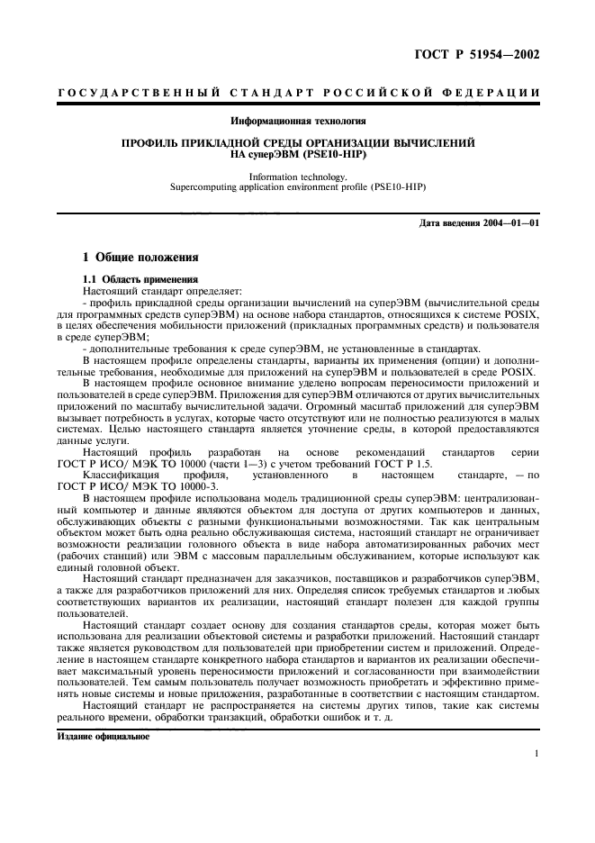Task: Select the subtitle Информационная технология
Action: tap(297, 120)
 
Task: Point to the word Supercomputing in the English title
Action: tap(203, 188)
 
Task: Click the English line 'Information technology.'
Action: tap(297, 178)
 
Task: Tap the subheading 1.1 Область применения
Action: tap(134, 279)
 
